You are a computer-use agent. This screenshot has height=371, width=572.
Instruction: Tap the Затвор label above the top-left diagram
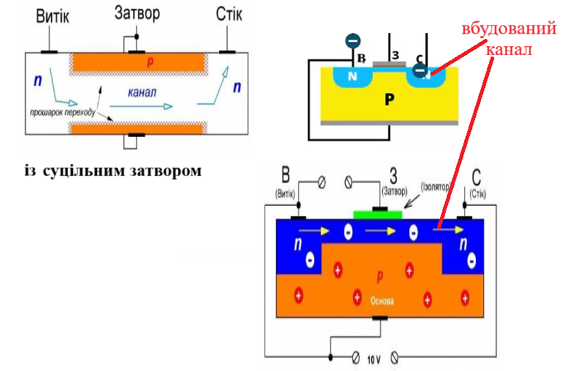[136, 13]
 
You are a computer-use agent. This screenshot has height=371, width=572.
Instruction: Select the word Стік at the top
[228, 14]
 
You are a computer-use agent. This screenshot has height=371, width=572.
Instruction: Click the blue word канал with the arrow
[142, 93]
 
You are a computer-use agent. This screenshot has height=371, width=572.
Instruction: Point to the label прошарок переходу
[62, 113]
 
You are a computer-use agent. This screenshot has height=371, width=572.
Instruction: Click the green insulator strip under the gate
[378, 214]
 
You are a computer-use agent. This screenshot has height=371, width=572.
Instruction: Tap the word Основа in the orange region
[382, 302]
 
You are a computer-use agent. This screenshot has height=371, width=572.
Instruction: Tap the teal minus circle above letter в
[352, 41]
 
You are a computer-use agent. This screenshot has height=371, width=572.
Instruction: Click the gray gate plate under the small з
[391, 64]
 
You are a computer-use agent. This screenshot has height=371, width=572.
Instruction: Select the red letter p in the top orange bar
[150, 62]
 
